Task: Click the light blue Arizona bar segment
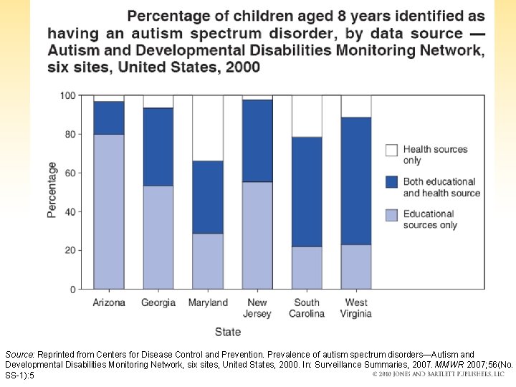(108, 211)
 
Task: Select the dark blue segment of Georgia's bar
(158, 147)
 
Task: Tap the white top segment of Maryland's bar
(207, 128)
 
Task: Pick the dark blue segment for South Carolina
(307, 191)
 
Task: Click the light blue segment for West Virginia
(356, 267)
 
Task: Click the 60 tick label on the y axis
(71, 173)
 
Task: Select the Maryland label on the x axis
(208, 302)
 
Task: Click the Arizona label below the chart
(109, 302)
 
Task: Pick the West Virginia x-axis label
(356, 307)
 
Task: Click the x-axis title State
(228, 332)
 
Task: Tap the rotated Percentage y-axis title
(52, 190)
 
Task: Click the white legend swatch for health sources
(391, 150)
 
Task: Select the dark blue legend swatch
(391, 182)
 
